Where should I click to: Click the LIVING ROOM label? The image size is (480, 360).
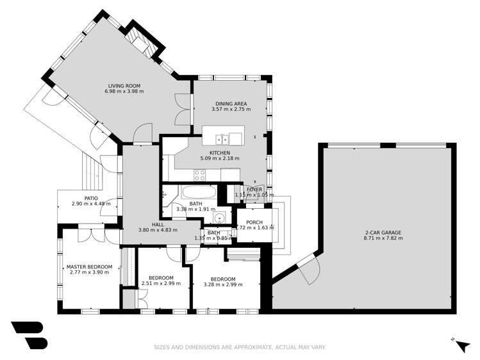point(124,86)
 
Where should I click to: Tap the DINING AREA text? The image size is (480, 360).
point(231,103)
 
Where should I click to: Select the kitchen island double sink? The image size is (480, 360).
point(223,138)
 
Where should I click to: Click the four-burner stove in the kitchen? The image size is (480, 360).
point(200,173)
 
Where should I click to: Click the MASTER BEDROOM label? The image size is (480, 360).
point(90,266)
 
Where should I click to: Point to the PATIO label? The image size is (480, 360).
point(90,198)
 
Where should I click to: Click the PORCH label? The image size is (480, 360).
point(254,222)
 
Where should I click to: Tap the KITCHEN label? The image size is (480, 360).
point(219,152)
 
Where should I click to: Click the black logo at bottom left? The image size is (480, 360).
point(29,334)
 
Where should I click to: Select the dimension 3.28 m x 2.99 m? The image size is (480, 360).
point(224,285)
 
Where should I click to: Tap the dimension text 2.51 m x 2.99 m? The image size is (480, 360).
point(161,283)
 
